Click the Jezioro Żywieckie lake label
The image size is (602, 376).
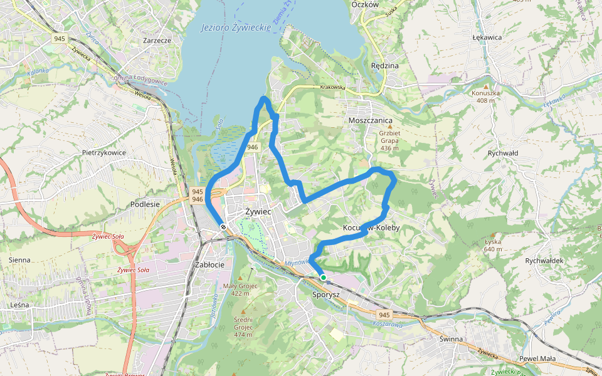pyautogui.click(x=236, y=28)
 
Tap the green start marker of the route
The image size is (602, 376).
pyautogui.click(x=323, y=277)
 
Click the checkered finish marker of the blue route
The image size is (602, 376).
pyautogui.click(x=223, y=227)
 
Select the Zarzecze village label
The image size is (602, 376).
pyautogui.click(x=157, y=40)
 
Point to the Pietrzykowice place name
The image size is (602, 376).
pyautogui.click(x=104, y=152)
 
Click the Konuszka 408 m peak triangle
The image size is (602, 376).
pyautogui.click(x=485, y=86)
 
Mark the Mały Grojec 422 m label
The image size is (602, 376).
pyautogui.click(x=240, y=290)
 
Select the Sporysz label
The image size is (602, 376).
pyautogui.click(x=325, y=293)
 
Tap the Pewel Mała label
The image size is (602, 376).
pyautogui.click(x=537, y=358)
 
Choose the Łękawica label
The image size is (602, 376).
pyautogui.click(x=487, y=37)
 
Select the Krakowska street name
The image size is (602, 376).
pyautogui.click(x=332, y=88)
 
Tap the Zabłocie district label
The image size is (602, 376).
pyautogui.click(x=209, y=264)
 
